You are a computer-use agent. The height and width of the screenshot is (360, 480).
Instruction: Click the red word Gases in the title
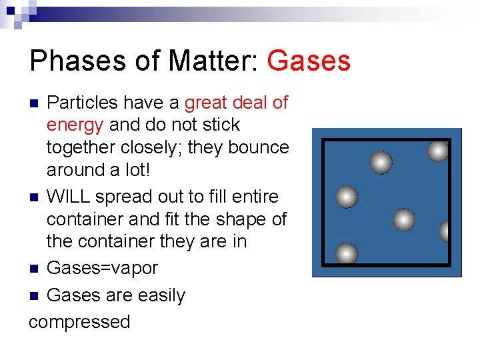(x=308, y=61)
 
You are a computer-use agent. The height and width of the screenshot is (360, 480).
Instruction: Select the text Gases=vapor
(x=102, y=268)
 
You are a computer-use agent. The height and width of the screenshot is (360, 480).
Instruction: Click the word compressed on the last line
(x=80, y=321)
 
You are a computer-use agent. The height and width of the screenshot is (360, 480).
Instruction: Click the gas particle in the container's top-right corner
(x=438, y=151)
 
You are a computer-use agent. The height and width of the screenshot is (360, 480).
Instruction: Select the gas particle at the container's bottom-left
(x=346, y=253)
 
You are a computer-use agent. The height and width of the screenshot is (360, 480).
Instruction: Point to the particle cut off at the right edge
(x=446, y=231)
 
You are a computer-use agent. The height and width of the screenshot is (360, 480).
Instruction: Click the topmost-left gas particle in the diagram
(x=381, y=162)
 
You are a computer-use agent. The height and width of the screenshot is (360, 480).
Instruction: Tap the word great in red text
(x=207, y=103)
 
